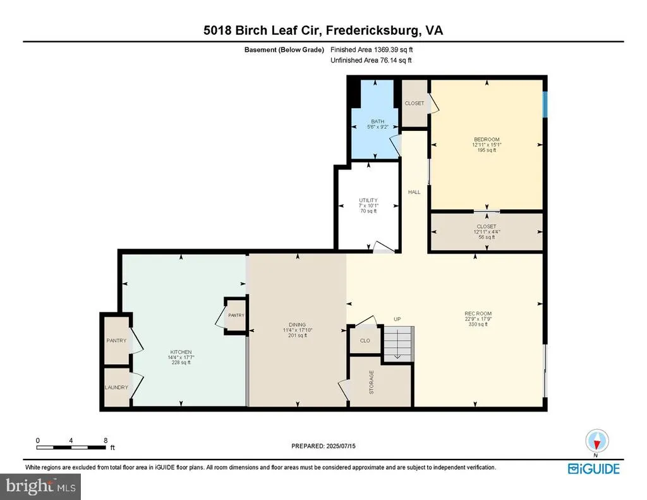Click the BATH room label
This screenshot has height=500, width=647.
point(378,121)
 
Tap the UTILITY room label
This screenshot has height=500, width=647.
point(368,200)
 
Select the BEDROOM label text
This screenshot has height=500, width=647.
point(487,140)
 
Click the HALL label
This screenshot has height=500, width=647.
point(414,192)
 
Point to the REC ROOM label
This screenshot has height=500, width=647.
point(478,314)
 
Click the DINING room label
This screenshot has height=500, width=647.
point(297,324)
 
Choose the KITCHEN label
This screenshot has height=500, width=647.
point(181,352)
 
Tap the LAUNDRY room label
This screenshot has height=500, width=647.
point(116,387)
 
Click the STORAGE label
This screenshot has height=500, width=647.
point(372,382)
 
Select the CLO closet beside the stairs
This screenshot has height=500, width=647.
point(365,341)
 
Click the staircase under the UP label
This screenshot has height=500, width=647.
point(399,343)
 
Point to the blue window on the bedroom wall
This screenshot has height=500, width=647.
point(545,104)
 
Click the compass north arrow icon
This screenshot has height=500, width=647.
point(596,441)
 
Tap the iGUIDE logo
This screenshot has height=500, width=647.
point(594,469)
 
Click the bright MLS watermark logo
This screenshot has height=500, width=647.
point(40,486)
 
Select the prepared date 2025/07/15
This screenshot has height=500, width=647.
point(341,446)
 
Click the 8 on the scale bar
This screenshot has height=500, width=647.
point(106,441)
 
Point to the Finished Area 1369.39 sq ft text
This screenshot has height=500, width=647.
point(372,49)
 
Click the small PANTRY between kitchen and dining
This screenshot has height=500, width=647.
point(236,315)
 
